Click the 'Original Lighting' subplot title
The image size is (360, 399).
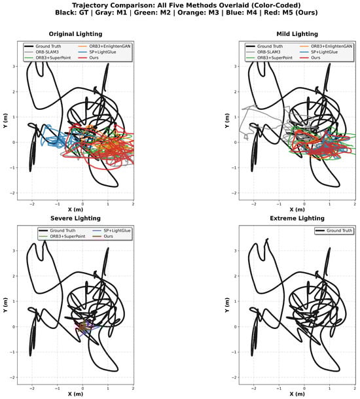[76, 34]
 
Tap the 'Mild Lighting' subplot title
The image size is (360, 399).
[297, 34]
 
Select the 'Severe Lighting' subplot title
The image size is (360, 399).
[76, 218]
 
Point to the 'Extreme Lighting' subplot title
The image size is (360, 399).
[297, 218]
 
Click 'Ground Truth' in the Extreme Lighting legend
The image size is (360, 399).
[339, 230]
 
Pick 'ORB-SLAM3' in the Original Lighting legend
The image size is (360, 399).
[47, 52]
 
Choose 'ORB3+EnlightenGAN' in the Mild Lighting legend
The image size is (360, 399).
[331, 46]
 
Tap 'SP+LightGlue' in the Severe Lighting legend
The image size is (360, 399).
[117, 230]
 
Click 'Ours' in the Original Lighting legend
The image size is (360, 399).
[94, 58]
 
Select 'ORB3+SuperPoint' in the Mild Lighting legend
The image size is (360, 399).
[275, 58]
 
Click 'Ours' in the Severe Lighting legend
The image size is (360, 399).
[108, 236]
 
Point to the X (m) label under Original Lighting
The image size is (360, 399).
[76, 210]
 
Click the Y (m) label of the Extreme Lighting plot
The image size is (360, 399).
[227, 305]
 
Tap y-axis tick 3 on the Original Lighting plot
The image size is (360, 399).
[13, 67]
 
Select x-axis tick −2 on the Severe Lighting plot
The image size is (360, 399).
[32, 389]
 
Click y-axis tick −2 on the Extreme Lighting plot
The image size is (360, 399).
[234, 377]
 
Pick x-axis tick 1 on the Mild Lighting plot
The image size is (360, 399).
[329, 204]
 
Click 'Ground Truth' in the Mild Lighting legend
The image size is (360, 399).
[270, 46]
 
